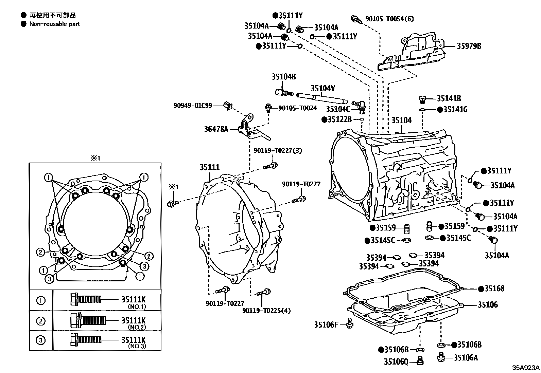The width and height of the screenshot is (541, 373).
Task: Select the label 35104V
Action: point(322,89)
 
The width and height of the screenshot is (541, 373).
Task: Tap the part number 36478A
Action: point(216,129)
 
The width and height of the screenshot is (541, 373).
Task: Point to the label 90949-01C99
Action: point(193,106)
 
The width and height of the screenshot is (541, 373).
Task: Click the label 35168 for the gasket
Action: point(494,289)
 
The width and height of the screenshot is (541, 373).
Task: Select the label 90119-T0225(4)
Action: point(266,311)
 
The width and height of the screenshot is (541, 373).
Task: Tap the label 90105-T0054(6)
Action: point(389,19)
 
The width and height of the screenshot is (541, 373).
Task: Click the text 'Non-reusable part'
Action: point(55,24)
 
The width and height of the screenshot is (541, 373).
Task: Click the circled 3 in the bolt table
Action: point(41,340)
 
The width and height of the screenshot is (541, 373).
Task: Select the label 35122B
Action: point(340,119)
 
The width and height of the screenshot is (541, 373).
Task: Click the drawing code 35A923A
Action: point(526,368)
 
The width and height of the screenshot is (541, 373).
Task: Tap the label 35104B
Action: point(283,77)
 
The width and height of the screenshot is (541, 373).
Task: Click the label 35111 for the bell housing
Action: point(209,167)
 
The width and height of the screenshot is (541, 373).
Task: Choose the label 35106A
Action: point(466,358)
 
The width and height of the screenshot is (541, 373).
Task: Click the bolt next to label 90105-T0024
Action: point(268,108)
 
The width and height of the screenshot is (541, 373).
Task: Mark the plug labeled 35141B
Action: point(422,99)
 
